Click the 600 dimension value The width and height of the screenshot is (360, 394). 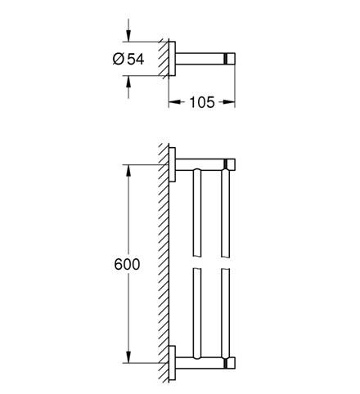point(127,264)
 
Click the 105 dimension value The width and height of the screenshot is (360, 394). point(202,102)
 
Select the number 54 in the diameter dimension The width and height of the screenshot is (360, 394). point(136,59)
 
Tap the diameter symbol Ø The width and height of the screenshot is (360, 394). point(119,59)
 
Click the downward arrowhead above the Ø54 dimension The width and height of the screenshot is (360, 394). point(128,34)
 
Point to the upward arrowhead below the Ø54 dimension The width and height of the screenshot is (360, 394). point(128,83)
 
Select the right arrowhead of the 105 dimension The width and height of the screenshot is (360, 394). point(228,102)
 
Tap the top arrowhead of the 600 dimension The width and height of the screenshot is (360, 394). point(128,172)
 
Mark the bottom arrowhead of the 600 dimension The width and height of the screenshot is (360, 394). point(128,356)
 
